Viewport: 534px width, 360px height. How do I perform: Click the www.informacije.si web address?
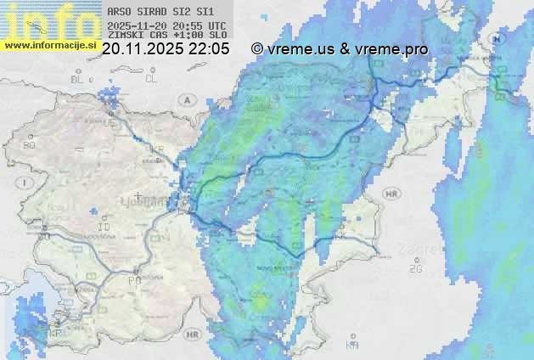[x=50, y=44]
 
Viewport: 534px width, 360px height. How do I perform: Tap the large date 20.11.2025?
[x=142, y=49]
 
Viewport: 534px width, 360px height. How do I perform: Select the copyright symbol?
[x=257, y=49]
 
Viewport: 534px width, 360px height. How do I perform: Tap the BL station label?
[x=78, y=79]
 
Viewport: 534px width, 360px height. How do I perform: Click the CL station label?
[x=151, y=79]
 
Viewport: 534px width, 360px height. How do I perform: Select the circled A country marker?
[x=185, y=99]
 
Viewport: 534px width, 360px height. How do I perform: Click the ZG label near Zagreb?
[x=415, y=269]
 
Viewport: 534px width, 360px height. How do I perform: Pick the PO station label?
[x=133, y=280]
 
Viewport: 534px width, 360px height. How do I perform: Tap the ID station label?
[x=104, y=228]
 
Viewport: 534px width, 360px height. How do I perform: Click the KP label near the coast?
[x=57, y=334]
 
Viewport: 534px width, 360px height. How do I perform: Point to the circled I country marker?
[x=26, y=183]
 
